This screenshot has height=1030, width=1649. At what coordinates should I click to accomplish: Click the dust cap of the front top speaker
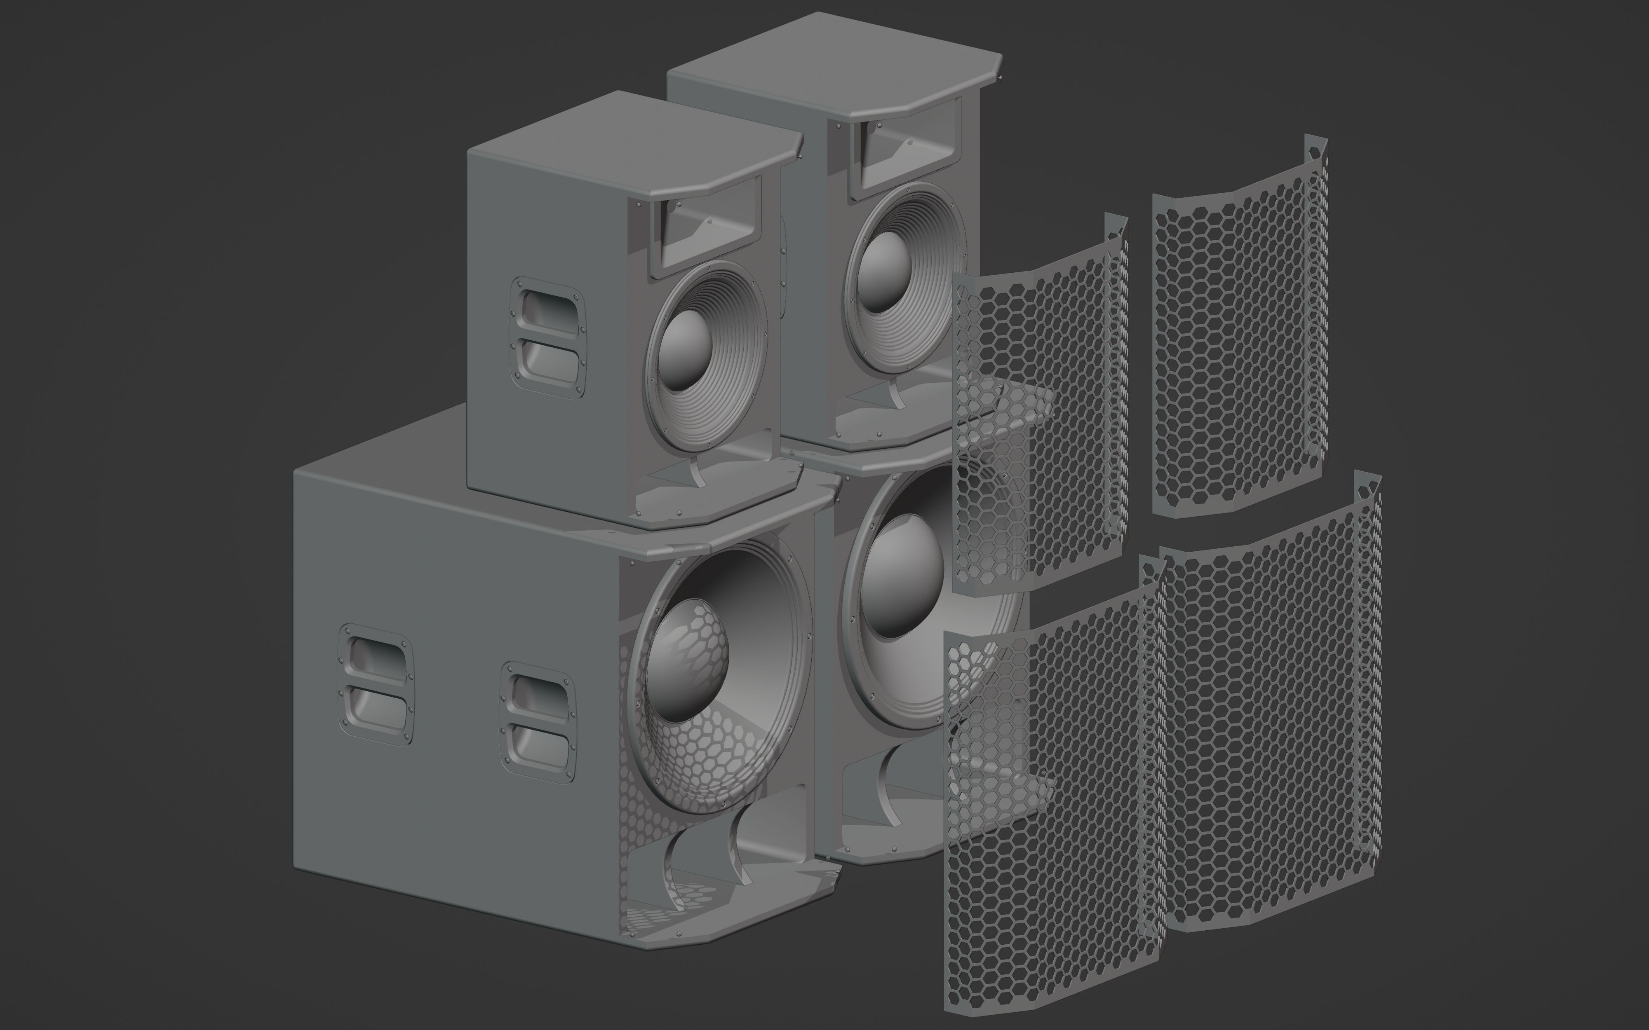(x=685, y=351)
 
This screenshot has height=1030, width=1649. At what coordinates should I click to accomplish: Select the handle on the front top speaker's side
(x=549, y=337)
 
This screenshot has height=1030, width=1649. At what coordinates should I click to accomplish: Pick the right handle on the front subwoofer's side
(x=538, y=722)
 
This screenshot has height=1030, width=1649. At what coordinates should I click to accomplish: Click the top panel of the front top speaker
(x=634, y=136)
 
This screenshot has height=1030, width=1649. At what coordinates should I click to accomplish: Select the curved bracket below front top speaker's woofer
(x=695, y=472)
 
